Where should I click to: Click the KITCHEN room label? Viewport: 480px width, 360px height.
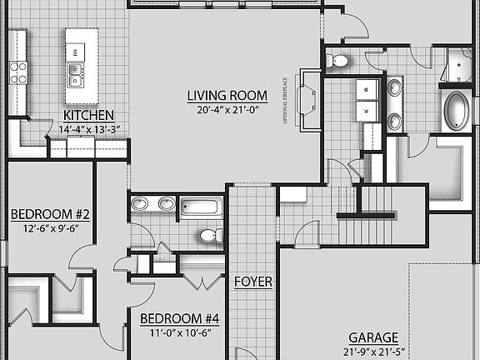pos(88,115)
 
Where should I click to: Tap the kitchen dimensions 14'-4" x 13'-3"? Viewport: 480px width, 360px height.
pos(89,129)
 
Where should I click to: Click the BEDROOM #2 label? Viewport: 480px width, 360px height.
pos(50,214)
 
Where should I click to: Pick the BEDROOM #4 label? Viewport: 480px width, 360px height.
pos(179,318)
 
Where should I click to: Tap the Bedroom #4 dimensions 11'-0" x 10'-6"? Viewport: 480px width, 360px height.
pos(179,333)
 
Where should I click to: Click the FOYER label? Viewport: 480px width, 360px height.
pos(252,282)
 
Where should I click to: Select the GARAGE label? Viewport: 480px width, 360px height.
pos(372,337)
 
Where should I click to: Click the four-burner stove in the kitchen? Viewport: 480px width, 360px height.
pos(17,72)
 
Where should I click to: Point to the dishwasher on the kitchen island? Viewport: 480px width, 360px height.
pos(76,52)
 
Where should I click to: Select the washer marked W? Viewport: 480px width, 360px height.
pos(367,111)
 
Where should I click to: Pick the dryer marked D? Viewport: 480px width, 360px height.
pos(367,88)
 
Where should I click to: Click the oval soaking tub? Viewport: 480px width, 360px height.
pos(456,111)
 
